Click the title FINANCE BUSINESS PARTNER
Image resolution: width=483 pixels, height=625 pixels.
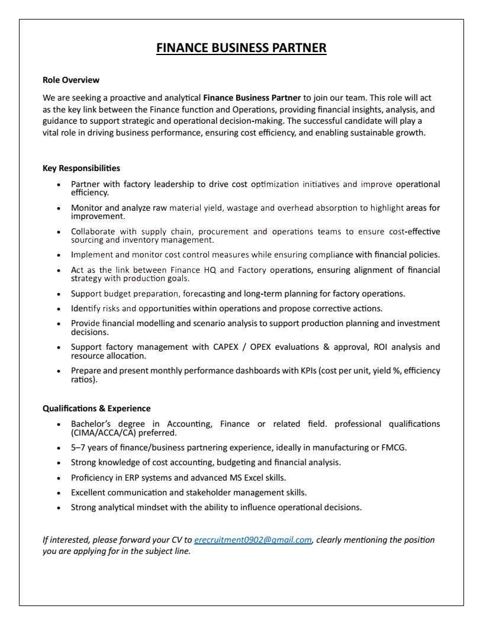(241, 48)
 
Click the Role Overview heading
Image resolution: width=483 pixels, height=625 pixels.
(71, 80)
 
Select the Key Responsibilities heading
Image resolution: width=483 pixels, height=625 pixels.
(81, 168)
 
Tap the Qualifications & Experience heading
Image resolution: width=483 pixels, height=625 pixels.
(96, 408)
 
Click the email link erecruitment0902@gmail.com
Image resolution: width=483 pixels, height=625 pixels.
(253, 540)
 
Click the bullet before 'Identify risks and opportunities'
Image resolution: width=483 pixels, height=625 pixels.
(58, 309)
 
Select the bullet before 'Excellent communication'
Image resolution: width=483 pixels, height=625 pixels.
(58, 492)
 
